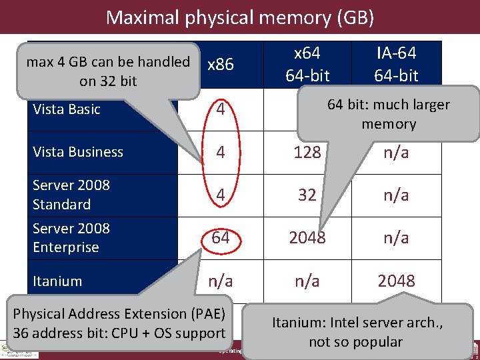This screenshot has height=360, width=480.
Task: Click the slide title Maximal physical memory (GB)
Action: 239,17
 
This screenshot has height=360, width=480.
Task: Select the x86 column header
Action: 220,65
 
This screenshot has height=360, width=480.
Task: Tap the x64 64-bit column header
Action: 307,65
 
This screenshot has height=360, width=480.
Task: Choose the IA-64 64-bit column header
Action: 396,65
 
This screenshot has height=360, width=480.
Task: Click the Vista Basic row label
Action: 67,109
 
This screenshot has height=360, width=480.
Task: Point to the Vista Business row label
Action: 78,152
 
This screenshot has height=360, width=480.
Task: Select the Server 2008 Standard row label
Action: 71,195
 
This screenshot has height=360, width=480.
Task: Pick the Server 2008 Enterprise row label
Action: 71,237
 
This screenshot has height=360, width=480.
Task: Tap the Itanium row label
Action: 57,281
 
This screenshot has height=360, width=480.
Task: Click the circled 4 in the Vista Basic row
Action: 220,110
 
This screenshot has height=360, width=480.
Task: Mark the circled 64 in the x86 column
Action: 220,238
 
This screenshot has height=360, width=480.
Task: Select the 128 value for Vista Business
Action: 307,153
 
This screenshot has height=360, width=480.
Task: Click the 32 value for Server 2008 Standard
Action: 307,195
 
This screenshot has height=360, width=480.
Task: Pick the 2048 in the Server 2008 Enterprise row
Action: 307,238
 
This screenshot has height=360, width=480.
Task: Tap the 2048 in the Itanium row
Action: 396,281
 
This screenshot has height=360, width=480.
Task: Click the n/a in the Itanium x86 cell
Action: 220,281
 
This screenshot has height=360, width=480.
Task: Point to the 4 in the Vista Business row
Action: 220,153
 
